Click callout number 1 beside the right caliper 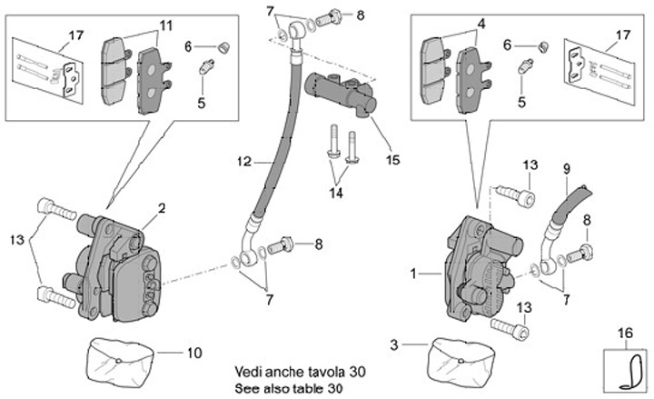click(416, 273)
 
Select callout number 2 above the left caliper click(161, 209)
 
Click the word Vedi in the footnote click(250, 371)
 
